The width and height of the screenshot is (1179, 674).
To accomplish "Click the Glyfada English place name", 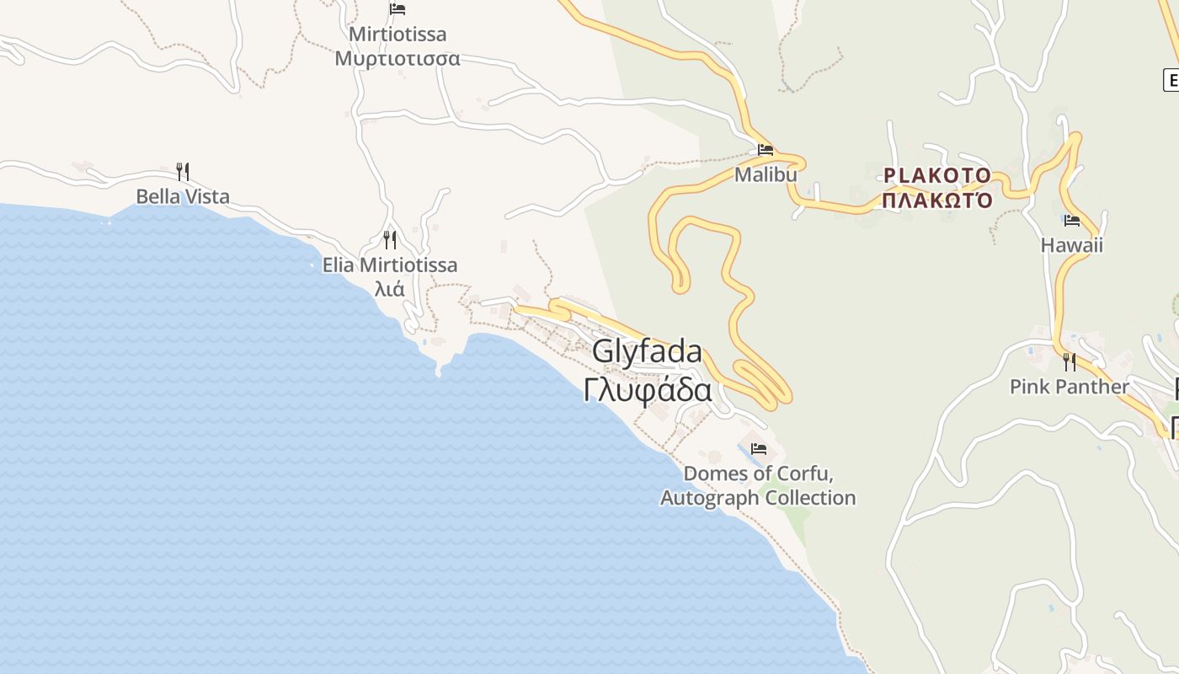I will (647, 351).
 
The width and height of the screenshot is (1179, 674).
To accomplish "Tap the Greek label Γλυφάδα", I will (648, 390).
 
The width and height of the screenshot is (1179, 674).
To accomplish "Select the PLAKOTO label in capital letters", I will (937, 176).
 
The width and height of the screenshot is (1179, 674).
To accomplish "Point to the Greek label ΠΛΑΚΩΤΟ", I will (937, 201).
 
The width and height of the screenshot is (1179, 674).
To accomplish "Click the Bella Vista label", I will (183, 197).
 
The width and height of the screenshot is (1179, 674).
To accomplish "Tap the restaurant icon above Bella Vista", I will (182, 171).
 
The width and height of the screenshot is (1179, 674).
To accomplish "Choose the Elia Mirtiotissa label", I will (390, 265).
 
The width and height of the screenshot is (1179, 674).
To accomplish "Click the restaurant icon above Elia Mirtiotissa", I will (389, 240).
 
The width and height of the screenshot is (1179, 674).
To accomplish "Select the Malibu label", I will (766, 174).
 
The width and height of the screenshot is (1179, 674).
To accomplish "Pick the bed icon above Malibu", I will (766, 150).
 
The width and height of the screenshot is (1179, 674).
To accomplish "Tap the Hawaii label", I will (1071, 245).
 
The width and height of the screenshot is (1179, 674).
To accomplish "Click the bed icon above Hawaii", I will (1071, 221).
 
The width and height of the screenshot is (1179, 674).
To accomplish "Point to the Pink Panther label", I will (1070, 387).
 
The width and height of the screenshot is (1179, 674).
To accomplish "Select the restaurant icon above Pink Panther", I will (1069, 362).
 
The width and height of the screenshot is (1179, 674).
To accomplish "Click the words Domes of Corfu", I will (758, 473).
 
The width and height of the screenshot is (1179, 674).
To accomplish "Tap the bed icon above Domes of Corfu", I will (759, 449).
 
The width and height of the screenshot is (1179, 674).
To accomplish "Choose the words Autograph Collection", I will (758, 498).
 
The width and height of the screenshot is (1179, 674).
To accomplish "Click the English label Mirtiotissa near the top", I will (397, 35).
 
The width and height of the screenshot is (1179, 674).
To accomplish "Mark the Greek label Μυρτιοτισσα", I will (397, 59).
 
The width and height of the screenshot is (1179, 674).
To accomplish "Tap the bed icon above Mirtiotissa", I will (397, 9).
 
